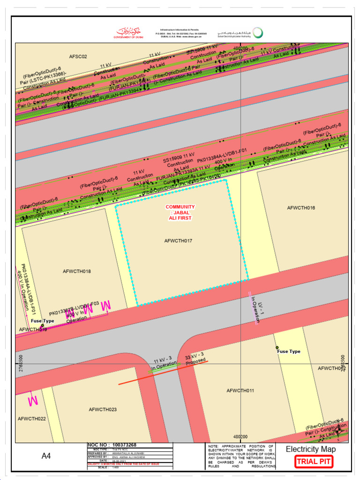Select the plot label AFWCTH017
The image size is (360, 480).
[x=178, y=241]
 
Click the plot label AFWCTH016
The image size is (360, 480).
[x=301, y=208]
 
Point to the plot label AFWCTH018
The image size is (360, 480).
[x=77, y=271]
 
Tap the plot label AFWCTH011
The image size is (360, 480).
[x=240, y=390]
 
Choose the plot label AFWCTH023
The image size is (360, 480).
[x=103, y=410]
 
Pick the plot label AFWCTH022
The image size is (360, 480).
[x=32, y=419]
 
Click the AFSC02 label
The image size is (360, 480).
[x=78, y=57]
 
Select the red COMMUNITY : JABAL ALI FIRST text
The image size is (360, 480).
[x=180, y=212]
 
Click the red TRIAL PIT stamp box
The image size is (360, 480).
[x=314, y=462]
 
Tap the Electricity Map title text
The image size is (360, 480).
[x=311, y=450]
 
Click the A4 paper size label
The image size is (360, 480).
[x=46, y=456]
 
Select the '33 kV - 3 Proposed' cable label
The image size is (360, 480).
[x=196, y=358]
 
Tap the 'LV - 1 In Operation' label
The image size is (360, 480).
[x=255, y=308]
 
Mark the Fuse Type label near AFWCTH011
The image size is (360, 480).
[x=288, y=352]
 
